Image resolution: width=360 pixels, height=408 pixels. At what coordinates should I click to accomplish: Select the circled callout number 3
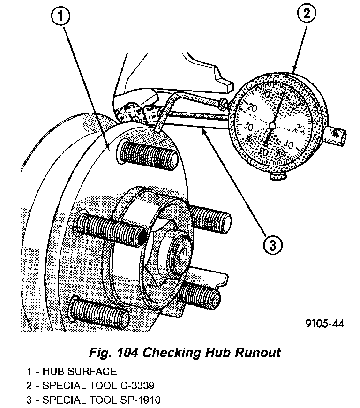274,244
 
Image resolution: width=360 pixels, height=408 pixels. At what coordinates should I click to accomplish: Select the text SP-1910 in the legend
143,400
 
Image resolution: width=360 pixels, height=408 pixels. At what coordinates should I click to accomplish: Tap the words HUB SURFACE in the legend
79,372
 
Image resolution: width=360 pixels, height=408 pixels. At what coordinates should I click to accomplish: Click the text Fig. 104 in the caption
112,353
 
